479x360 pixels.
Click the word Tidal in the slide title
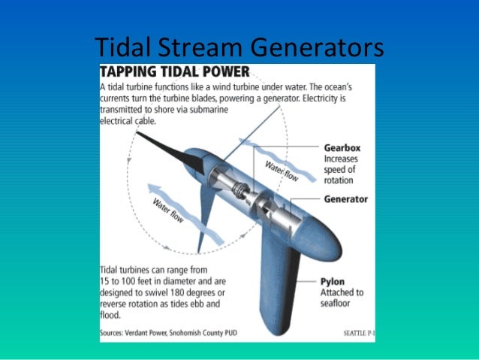[x=122, y=47]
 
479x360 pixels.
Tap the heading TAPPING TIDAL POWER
[x=176, y=74]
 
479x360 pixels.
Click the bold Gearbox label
[x=345, y=147]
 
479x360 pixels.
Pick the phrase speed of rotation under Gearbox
[x=342, y=176]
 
